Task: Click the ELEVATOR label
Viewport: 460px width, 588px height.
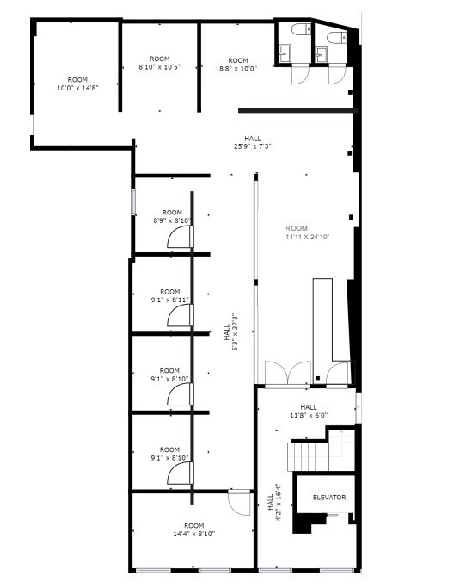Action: pyautogui.click(x=328, y=498)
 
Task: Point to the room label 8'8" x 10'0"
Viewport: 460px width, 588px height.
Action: pyautogui.click(x=238, y=65)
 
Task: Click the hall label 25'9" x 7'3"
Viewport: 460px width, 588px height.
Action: pyautogui.click(x=252, y=142)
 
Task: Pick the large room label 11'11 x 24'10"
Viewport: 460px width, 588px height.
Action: pyautogui.click(x=307, y=232)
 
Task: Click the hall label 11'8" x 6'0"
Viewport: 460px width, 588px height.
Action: pyautogui.click(x=309, y=412)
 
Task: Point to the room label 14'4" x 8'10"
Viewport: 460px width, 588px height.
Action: pyautogui.click(x=193, y=529)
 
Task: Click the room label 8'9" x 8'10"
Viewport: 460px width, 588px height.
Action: pyautogui.click(x=172, y=217)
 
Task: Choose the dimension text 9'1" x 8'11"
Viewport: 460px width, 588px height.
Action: pyautogui.click(x=169, y=296)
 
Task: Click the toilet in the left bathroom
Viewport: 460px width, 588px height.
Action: pyautogui.click(x=298, y=31)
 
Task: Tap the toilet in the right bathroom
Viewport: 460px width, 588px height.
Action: pyautogui.click(x=335, y=36)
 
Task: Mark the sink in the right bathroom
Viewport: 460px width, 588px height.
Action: pyautogui.click(x=321, y=54)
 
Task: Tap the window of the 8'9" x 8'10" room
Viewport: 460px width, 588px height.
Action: pyautogui.click(x=132, y=201)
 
